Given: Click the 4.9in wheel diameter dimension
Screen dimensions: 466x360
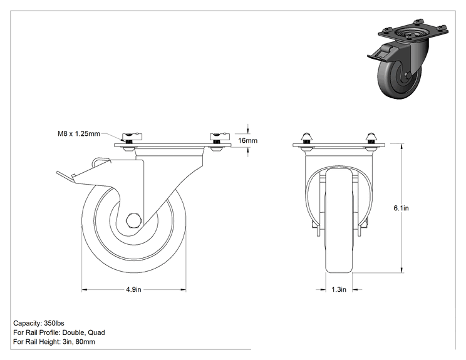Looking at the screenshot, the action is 134,289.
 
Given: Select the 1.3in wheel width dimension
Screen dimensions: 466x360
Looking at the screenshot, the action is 339,289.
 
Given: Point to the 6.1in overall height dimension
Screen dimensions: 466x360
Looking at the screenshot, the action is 401,208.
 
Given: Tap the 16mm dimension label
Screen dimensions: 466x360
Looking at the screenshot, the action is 247,140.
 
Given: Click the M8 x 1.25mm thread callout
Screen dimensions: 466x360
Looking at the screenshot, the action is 79,133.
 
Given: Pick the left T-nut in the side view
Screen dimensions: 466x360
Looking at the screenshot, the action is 132,137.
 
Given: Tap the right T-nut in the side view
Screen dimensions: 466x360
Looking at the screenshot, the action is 220,137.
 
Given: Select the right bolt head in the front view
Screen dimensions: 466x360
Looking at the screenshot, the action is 371,137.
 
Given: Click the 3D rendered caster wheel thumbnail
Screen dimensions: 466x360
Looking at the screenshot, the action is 407,58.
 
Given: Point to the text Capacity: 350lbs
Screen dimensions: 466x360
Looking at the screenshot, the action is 39,323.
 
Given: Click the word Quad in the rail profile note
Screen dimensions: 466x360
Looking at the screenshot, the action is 96,332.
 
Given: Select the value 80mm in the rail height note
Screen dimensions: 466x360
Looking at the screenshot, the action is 85,342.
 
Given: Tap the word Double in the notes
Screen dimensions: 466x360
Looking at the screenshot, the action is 74,332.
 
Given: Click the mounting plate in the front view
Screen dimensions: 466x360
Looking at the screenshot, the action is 339,145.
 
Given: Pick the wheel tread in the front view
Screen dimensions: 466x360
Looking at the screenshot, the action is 339,220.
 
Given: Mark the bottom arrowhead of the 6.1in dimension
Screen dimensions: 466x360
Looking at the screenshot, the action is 402,270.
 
